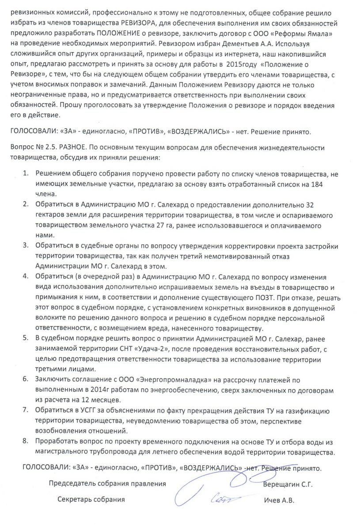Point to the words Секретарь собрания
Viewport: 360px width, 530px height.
pos(91,500)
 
